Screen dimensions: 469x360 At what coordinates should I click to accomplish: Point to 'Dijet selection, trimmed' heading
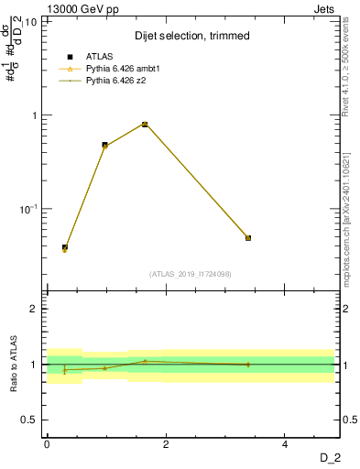pyautogui.click(x=191, y=36)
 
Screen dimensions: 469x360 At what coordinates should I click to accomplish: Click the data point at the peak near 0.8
pyautogui.click(x=145, y=125)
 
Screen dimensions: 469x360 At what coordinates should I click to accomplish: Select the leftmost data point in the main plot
pyautogui.click(x=65, y=247)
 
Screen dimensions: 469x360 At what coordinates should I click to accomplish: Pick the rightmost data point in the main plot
pyautogui.click(x=248, y=238)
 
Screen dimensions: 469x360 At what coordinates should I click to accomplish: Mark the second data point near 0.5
pyautogui.click(x=104, y=145)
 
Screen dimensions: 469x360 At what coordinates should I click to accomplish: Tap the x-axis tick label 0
pyautogui.click(x=47, y=444)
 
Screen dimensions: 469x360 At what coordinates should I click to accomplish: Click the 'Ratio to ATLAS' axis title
pyautogui.click(x=14, y=365)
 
